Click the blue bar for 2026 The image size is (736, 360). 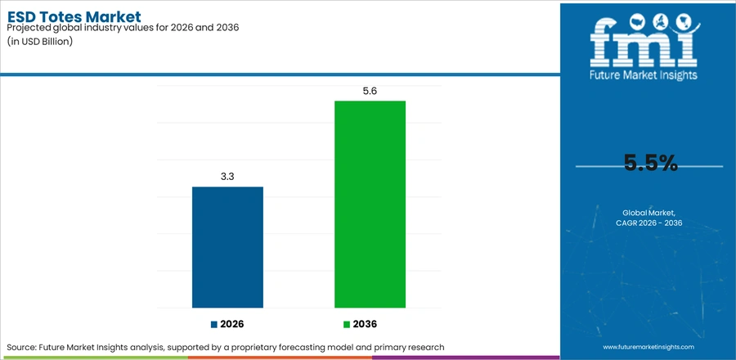[227, 247]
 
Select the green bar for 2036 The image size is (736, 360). [370, 205]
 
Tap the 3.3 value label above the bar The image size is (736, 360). [227, 177]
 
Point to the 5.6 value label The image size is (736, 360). [370, 92]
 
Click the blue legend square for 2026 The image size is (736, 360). [214, 324]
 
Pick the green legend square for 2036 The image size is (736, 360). [347, 324]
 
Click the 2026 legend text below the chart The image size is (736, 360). [232, 324]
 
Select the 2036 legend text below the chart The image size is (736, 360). [366, 324]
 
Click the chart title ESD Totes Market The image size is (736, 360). [74, 17]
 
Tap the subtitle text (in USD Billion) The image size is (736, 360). [40, 41]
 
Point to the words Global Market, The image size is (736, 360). [648, 213]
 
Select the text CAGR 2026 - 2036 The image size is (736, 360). [648, 223]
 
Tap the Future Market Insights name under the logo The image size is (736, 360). [644, 74]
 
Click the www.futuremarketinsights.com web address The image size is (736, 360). [648, 347]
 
